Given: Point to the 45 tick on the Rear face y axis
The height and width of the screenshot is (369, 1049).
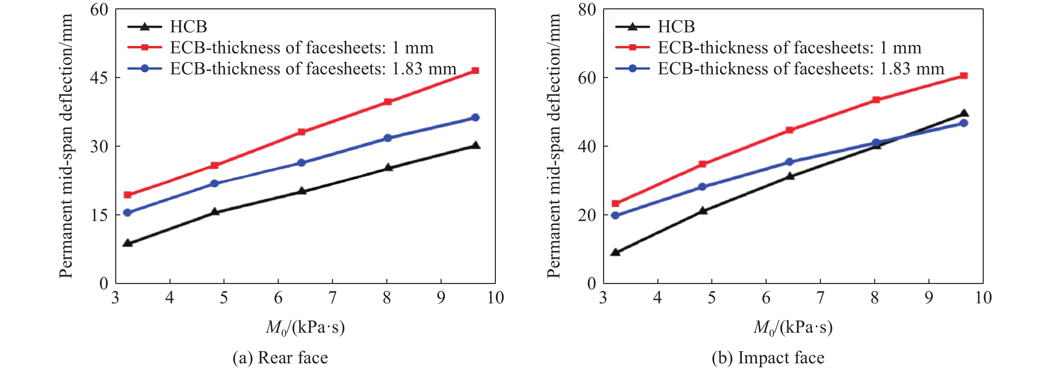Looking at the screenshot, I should [99, 77].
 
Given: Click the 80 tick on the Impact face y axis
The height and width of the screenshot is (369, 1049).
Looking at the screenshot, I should [587, 9].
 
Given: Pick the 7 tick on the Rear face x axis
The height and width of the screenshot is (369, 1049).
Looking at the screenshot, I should [332, 298].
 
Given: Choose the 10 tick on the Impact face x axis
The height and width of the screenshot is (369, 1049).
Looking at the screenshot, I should [983, 298].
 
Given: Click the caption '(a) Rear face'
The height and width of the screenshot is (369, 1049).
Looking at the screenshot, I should [280, 358].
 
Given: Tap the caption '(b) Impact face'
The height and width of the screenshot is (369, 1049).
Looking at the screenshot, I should [768, 358].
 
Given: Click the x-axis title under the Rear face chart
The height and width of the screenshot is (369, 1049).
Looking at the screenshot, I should [305, 327].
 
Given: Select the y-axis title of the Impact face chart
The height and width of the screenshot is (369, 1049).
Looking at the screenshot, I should [554, 146].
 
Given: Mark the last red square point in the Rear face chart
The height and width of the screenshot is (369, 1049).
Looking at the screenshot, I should [475, 71].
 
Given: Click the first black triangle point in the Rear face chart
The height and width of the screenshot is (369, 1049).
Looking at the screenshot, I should [128, 243].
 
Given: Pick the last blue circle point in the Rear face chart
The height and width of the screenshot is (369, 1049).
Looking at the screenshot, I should [475, 117].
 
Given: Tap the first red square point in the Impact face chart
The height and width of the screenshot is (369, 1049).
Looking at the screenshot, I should [615, 203].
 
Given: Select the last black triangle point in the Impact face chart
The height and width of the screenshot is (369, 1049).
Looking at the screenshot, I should [963, 114].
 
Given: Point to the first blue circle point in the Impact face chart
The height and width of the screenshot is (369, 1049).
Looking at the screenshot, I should [615, 215].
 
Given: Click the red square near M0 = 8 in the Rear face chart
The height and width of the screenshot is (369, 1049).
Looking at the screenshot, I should [388, 102].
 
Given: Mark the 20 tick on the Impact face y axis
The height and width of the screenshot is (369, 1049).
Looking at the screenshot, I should [587, 215].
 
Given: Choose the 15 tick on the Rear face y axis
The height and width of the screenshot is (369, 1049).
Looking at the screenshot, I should [99, 215].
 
